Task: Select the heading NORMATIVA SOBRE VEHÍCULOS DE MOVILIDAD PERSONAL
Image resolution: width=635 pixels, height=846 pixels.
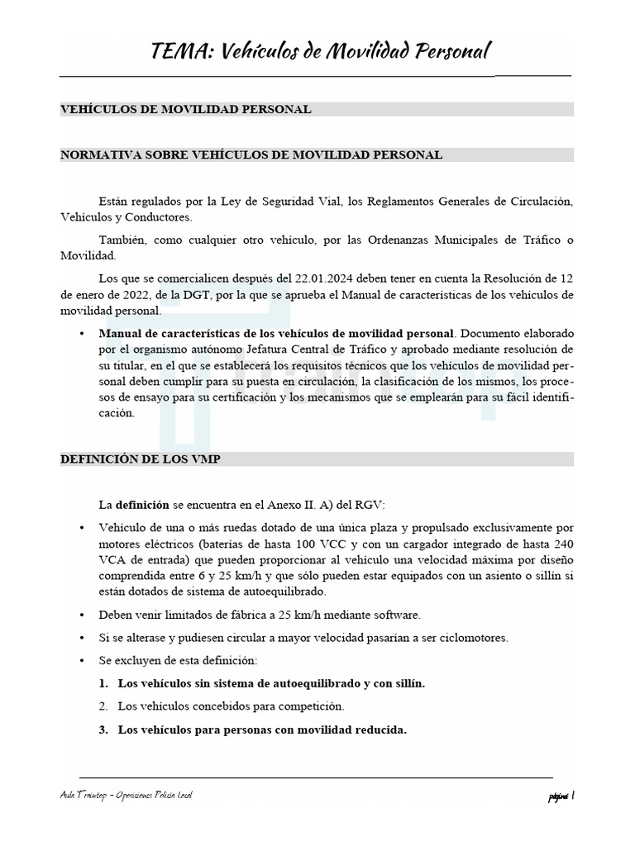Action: (x=251, y=154)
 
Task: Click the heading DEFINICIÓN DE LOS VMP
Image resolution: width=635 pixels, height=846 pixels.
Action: (x=140, y=459)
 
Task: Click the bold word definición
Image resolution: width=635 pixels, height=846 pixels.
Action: (x=141, y=504)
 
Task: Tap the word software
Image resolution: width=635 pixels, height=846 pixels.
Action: (x=394, y=615)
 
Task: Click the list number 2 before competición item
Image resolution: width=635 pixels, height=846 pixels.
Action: (x=103, y=706)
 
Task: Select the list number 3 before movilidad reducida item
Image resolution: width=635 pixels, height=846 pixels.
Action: (x=103, y=730)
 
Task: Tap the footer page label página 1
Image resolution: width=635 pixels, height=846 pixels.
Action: (x=560, y=796)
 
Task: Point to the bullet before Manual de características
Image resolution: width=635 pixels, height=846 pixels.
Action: (x=81, y=333)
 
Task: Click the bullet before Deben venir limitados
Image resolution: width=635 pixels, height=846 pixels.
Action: (x=81, y=615)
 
